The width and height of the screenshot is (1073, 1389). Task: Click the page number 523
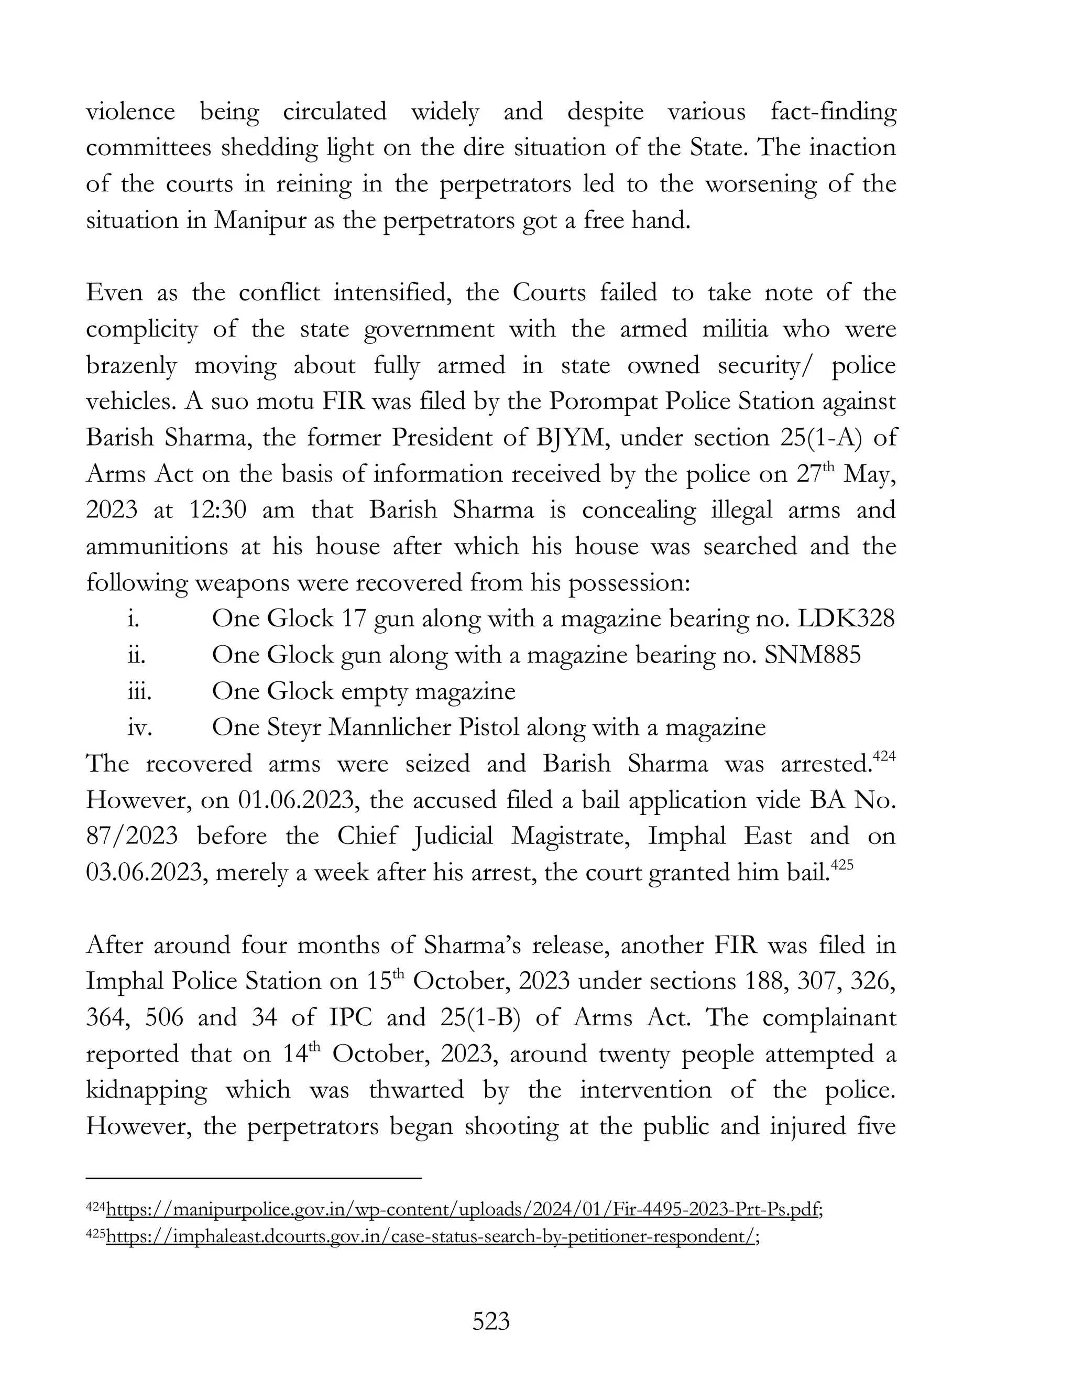pyautogui.click(x=491, y=1321)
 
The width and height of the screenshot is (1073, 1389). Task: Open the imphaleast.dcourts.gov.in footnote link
pyautogui.click(x=430, y=1236)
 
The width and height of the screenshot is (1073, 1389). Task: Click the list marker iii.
pyautogui.click(x=139, y=691)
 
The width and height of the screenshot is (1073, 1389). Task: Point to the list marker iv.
pyautogui.click(x=139, y=728)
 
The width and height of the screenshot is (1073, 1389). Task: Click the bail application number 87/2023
pyautogui.click(x=132, y=837)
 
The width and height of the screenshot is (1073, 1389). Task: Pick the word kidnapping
pyautogui.click(x=146, y=1090)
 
